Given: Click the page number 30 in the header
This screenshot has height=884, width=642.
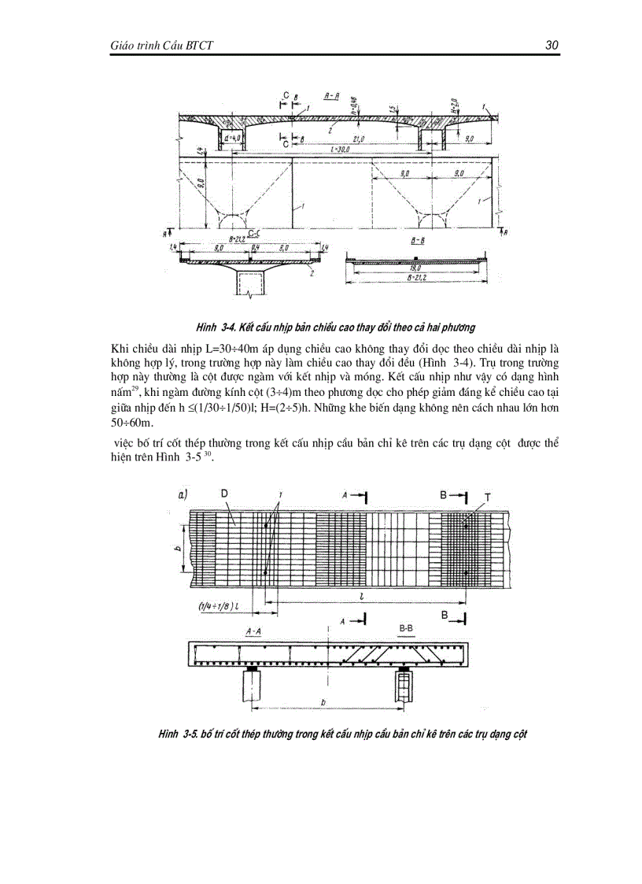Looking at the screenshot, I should pyautogui.click(x=552, y=46).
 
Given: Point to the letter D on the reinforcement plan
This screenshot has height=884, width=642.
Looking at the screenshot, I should pyautogui.click(x=224, y=494).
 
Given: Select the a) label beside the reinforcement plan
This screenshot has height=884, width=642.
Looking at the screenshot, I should pyautogui.click(x=183, y=495).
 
